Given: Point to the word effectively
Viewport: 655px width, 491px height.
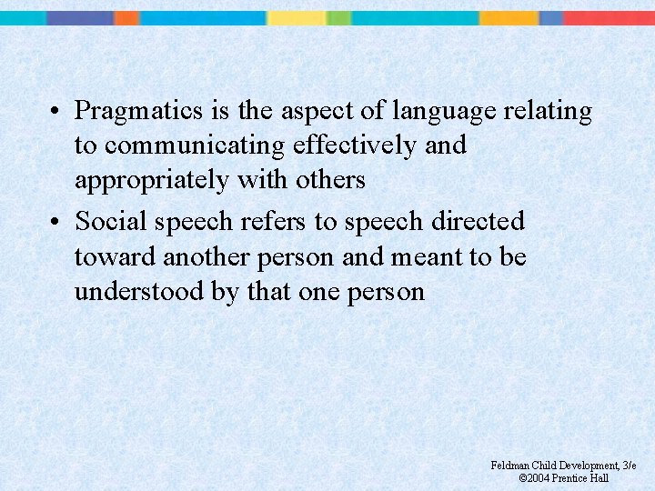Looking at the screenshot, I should click(354, 145).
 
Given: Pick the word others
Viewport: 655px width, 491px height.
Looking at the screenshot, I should click(330, 180).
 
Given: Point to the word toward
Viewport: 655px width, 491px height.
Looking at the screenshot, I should click(116, 257).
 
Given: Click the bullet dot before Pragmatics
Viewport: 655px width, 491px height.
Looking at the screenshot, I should click(56, 113).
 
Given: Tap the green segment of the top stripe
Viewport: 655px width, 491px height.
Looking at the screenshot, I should click(338, 17).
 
